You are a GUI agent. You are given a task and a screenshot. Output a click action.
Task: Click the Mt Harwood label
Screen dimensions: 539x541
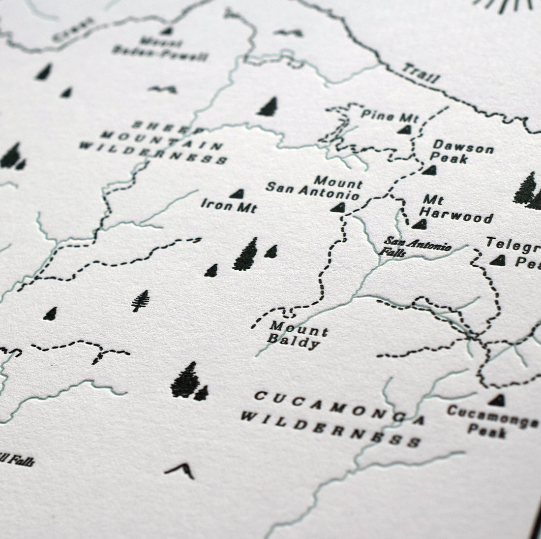click(x=457, y=210)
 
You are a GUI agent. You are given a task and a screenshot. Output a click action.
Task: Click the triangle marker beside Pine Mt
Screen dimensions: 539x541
click(x=405, y=129)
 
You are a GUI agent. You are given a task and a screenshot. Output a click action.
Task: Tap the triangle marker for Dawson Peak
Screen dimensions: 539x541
click(x=430, y=170)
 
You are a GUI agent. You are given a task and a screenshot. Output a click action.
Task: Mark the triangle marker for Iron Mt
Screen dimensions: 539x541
click(x=237, y=194)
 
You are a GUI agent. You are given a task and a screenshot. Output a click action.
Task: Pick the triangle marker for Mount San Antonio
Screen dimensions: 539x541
click(x=338, y=207)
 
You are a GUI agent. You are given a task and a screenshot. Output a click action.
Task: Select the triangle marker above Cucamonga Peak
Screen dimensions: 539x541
click(x=498, y=400)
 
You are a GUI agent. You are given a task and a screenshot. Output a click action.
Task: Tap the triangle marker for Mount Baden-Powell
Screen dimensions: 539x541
click(x=167, y=31)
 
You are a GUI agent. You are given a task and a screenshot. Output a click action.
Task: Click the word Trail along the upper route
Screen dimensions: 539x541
click(x=421, y=73)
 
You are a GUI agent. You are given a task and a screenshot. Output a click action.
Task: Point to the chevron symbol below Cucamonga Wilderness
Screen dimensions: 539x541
click(x=180, y=470)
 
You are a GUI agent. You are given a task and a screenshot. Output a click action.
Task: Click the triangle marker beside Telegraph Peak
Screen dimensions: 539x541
click(x=498, y=260)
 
